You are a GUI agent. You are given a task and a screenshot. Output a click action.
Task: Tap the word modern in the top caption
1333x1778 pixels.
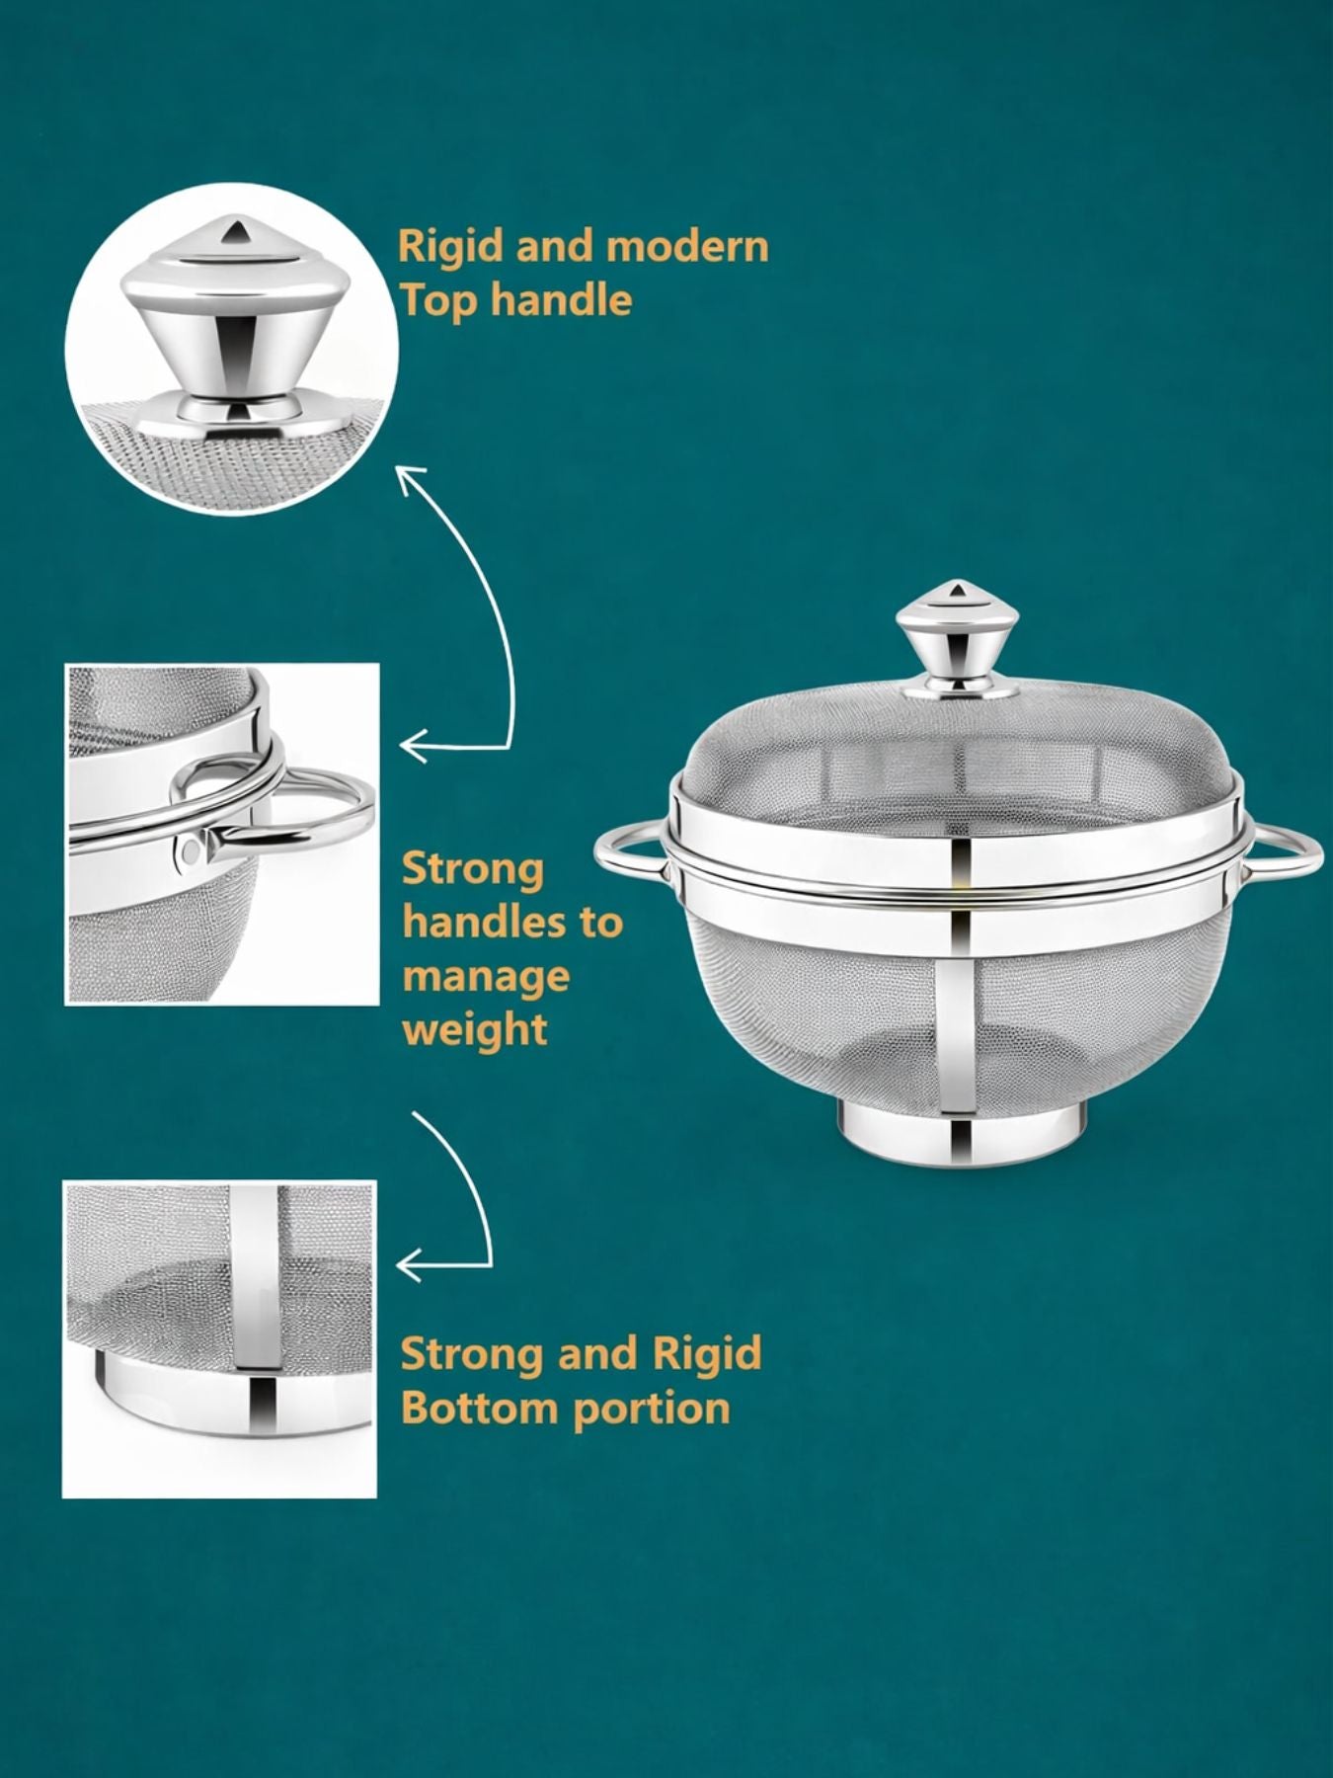687,246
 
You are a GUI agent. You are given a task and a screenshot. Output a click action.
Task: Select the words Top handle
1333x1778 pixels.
514,298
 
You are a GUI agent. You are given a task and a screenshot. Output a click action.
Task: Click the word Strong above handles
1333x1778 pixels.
473,870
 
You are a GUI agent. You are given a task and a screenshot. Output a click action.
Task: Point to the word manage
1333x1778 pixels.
486,978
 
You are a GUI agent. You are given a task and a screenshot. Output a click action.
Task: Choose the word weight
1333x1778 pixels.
475,1030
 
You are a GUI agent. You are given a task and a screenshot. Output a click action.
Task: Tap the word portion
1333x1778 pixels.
652,1410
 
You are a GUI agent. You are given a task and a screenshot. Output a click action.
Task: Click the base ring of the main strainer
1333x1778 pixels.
964,1134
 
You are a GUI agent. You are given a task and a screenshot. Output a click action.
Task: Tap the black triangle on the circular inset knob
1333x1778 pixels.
236,232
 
